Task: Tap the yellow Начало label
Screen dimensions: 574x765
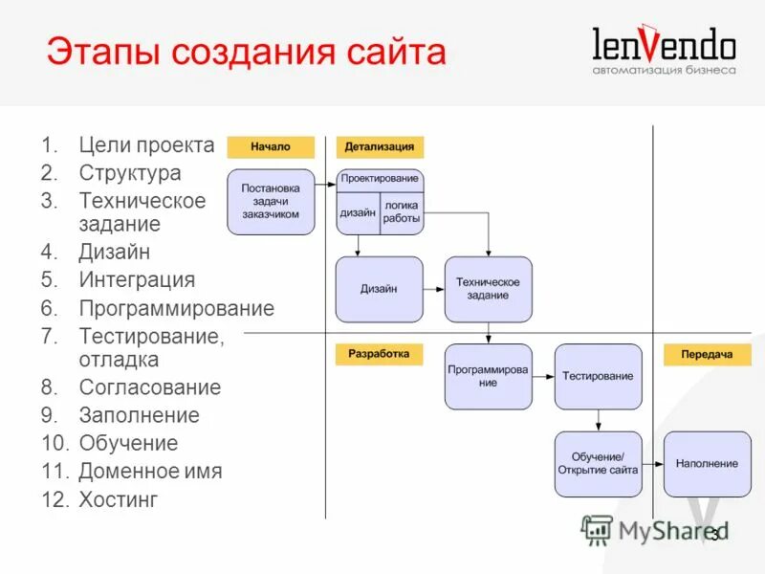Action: (x=271, y=146)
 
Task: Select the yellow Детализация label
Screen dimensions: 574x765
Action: (x=380, y=146)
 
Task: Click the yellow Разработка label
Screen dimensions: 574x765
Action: (x=379, y=354)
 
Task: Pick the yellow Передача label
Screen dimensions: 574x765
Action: (x=707, y=354)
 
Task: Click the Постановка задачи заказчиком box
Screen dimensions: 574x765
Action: (x=271, y=202)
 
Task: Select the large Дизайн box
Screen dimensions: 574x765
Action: (x=379, y=289)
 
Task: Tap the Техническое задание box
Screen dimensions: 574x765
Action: (x=488, y=289)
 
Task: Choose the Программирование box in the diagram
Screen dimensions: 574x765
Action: (x=488, y=376)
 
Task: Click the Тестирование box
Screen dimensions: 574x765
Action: (x=598, y=376)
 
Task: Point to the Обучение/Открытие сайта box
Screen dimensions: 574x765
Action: (x=598, y=464)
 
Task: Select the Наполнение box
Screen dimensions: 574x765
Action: (x=707, y=464)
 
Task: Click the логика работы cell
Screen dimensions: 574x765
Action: (x=402, y=212)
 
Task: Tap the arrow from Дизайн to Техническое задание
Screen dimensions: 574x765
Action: (x=433, y=289)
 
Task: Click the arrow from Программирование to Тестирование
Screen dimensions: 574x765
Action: (x=543, y=376)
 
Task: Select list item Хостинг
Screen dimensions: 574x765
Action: (x=119, y=499)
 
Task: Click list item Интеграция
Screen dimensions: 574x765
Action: (x=137, y=280)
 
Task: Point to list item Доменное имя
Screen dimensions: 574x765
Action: (x=150, y=472)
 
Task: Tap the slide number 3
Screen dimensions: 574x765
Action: (x=713, y=535)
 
